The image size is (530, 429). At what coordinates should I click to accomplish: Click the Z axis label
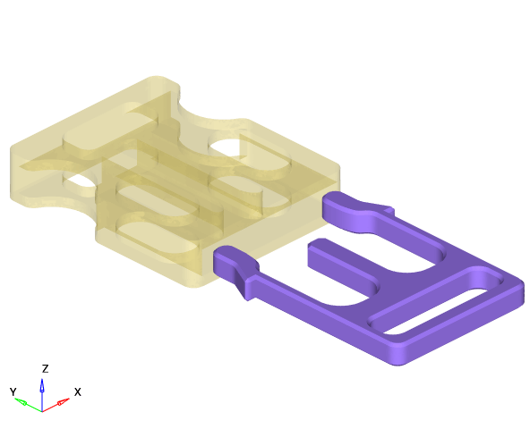click(x=45, y=368)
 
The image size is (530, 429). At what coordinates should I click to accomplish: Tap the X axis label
click(x=77, y=391)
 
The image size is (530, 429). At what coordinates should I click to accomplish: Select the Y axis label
click(x=13, y=391)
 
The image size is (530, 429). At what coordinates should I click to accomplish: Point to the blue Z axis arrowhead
click(x=42, y=385)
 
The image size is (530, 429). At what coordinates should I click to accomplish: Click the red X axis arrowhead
click(x=64, y=401)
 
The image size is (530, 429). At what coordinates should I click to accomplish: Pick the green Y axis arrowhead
click(x=21, y=401)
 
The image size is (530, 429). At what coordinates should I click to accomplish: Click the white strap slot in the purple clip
click(x=436, y=311)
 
